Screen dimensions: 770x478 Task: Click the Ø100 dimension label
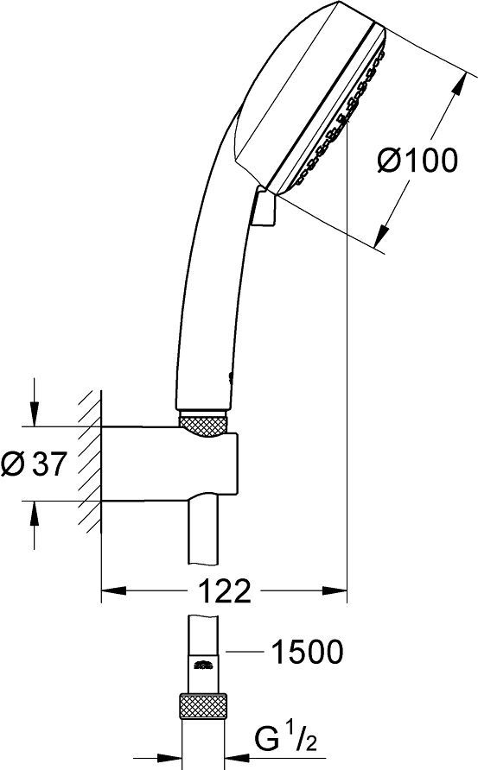[x=417, y=161]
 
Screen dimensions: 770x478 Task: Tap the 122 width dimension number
[x=225, y=593]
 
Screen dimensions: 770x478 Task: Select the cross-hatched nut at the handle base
[x=204, y=423]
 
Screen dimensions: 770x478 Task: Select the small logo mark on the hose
[x=204, y=663]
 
